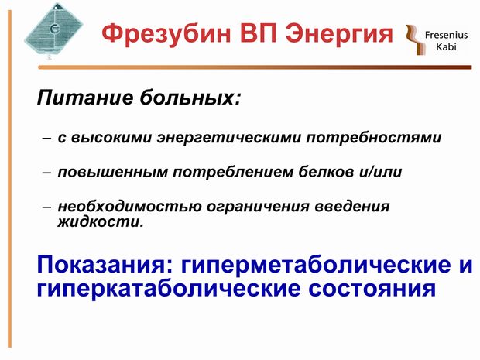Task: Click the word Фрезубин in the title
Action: click(166, 34)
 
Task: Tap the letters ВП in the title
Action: click(258, 33)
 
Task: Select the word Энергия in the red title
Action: click(339, 33)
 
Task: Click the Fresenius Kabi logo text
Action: click(446, 41)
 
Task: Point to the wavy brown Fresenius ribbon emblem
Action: click(415, 39)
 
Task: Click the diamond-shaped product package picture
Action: click(53, 30)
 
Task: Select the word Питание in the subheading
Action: click(85, 98)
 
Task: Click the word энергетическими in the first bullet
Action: click(229, 138)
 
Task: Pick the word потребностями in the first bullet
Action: click(374, 138)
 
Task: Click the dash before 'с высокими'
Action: click(46, 139)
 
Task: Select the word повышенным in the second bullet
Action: click(113, 172)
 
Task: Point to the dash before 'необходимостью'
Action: click(46, 207)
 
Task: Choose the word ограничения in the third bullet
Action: click(258, 207)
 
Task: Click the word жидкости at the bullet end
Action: click(101, 221)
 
